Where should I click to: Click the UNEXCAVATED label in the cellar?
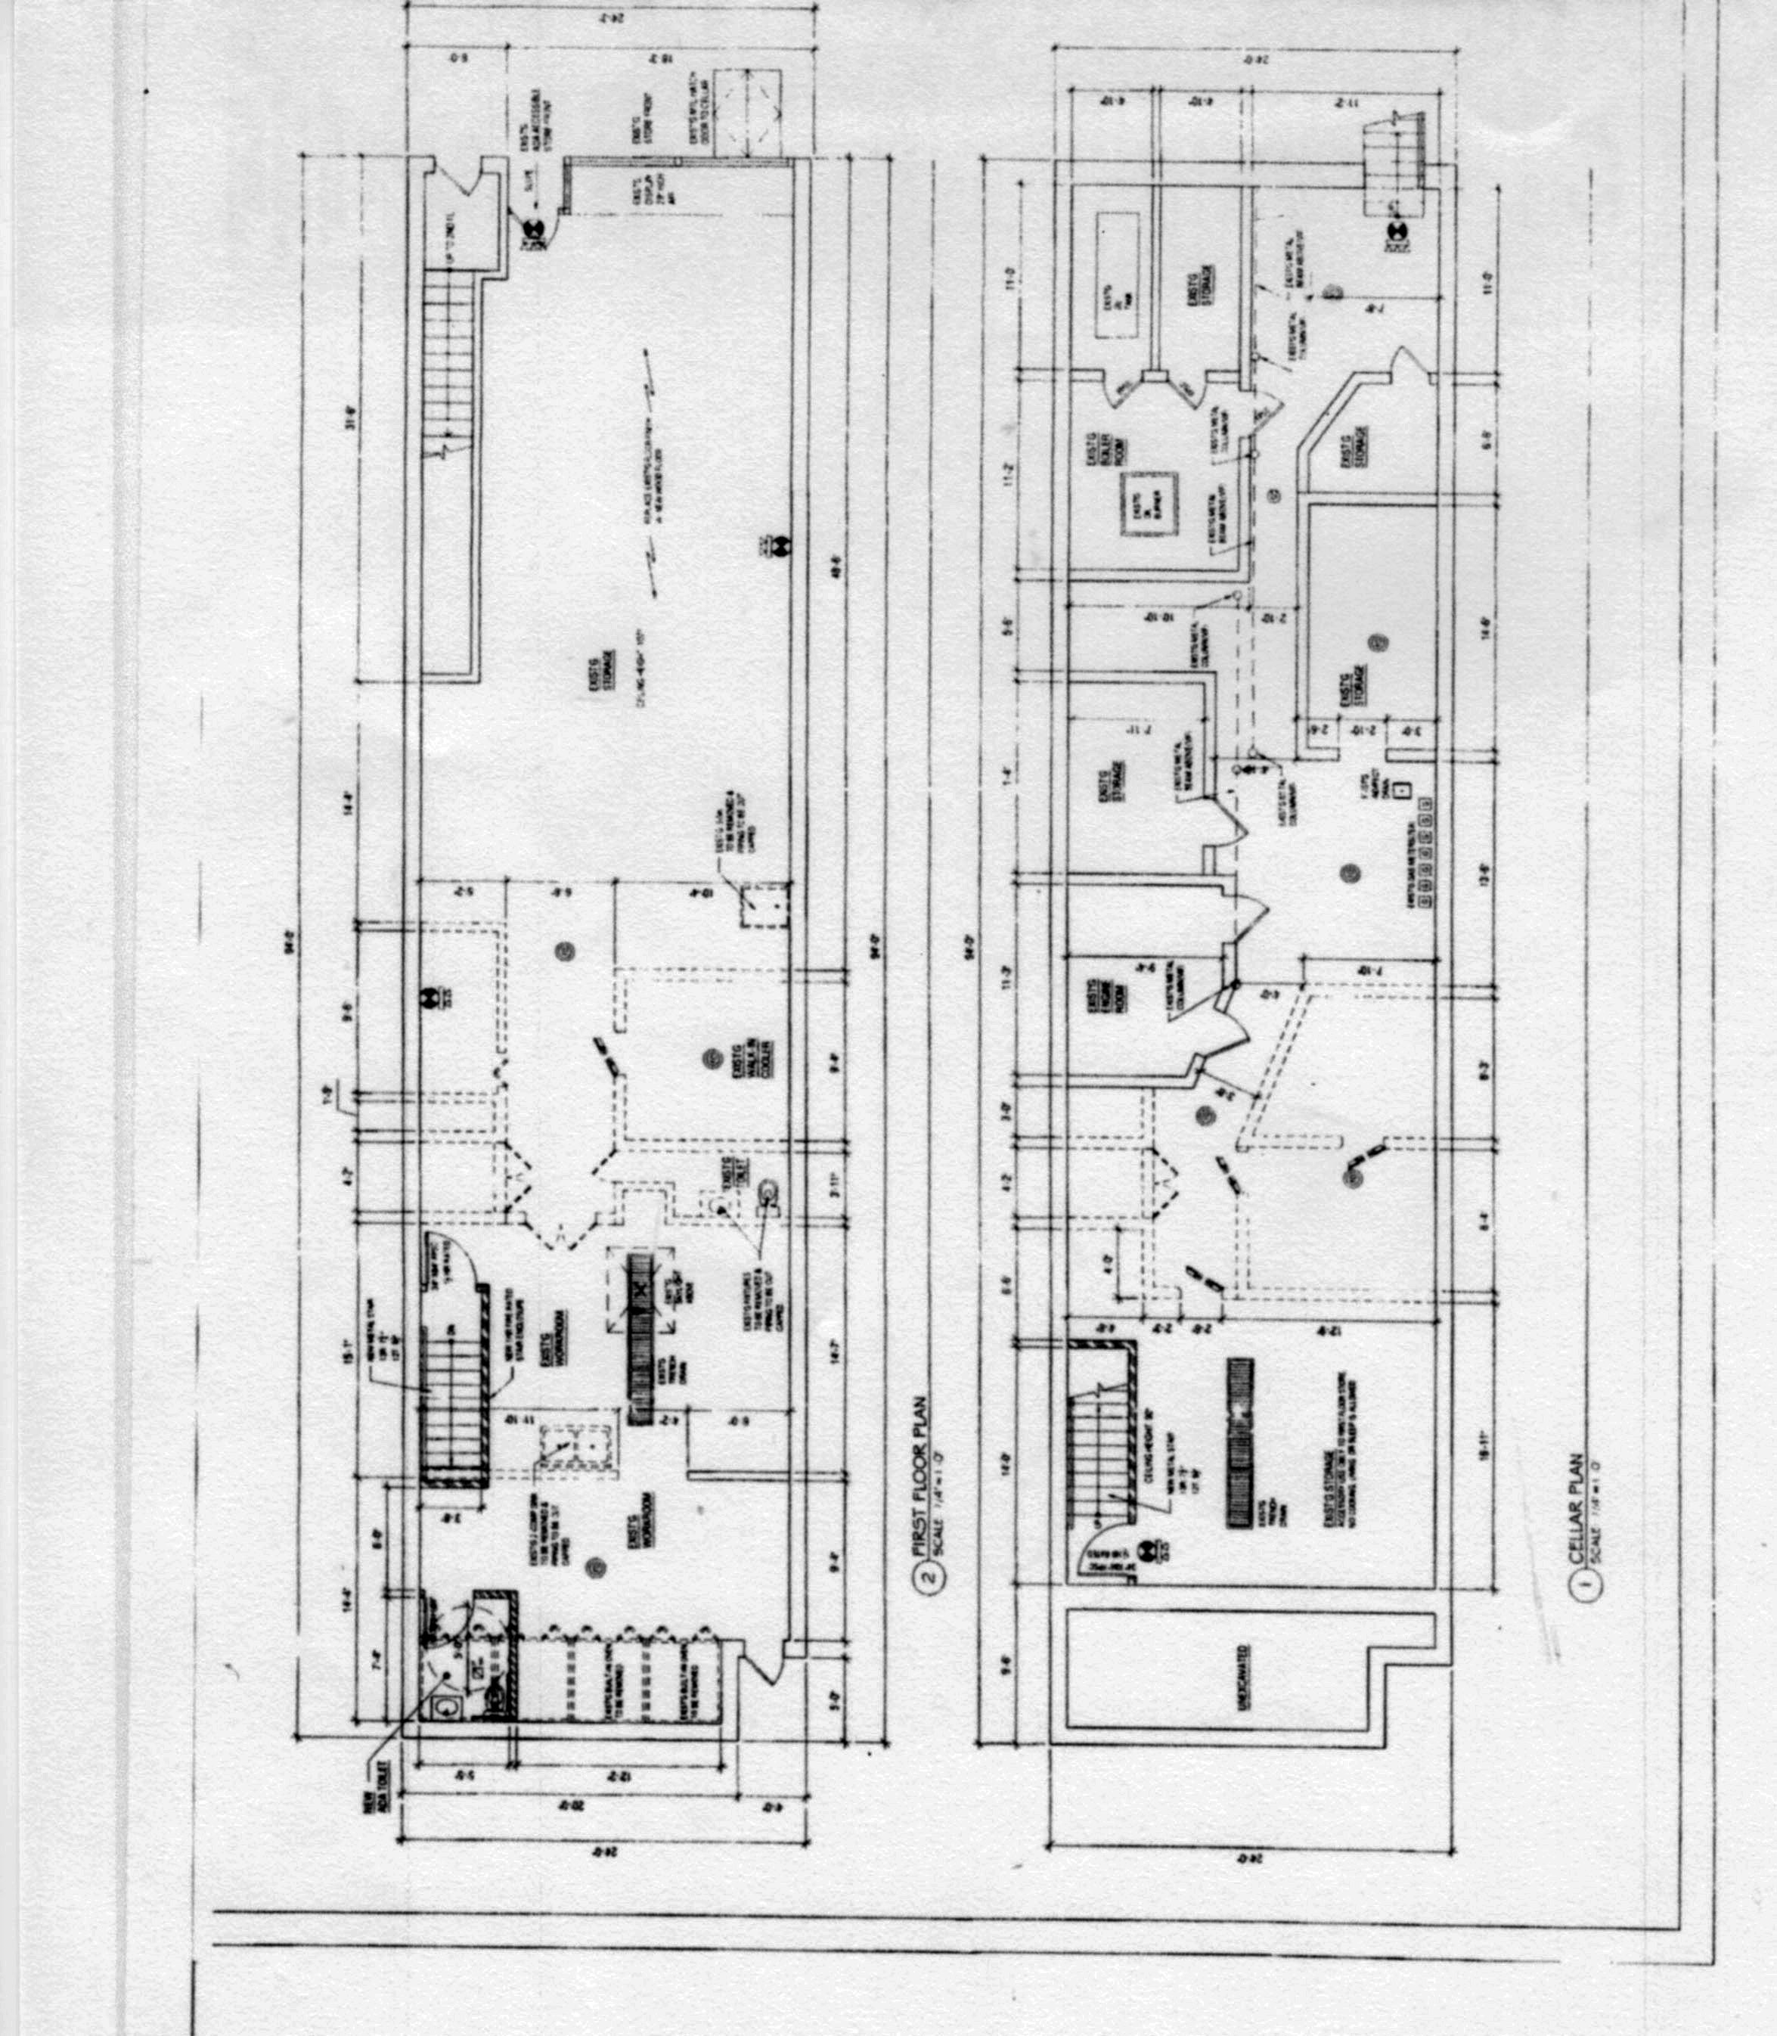(x=1242, y=1677)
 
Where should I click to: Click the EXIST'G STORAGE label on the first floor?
(x=607, y=670)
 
